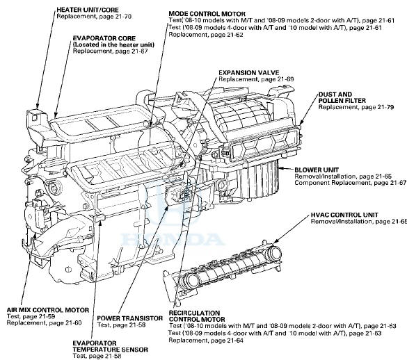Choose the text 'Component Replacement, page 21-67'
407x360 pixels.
pos(350,183)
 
